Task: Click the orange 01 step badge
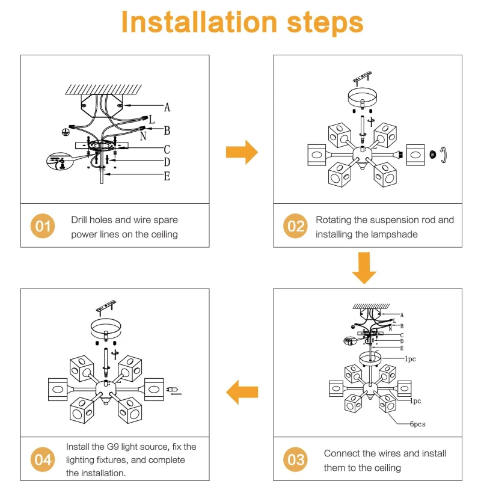43,227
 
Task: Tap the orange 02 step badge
295,227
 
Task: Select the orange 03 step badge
295,460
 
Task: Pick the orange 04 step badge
43,460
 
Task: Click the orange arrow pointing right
242,152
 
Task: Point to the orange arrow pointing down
364,268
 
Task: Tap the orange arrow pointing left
242,393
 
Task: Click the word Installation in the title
198,22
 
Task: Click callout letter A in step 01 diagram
167,108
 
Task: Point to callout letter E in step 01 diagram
167,176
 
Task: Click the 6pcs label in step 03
418,424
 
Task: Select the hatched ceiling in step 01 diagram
103,89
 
